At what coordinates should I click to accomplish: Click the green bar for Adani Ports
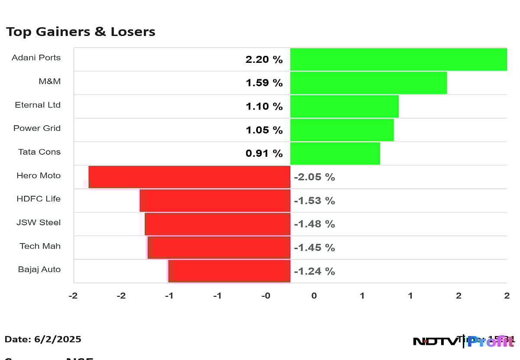pos(398,59)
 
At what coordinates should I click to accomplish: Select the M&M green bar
pos(368,83)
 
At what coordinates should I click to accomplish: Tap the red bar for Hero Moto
pos(189,177)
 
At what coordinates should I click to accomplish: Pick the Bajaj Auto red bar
pos(229,271)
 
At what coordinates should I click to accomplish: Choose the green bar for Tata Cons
pos(335,153)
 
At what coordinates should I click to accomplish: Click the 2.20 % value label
pos(264,59)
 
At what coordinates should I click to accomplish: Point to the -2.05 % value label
pos(315,177)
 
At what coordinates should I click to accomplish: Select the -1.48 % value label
pos(315,224)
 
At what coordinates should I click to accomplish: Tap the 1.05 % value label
pos(264,130)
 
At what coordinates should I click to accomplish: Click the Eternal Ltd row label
pos(38,105)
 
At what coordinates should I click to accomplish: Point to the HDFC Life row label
pos(39,199)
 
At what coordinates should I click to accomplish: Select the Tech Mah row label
pos(40,246)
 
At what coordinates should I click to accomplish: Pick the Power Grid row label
pos(37,128)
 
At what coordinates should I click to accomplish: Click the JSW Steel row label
pos(39,223)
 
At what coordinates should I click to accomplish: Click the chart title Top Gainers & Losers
pos(81,32)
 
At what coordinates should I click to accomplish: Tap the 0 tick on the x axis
pos(314,296)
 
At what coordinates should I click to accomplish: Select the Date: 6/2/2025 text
pos(43,339)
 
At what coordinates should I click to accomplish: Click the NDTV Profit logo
pos(464,341)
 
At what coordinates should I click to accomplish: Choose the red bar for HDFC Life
pos(215,201)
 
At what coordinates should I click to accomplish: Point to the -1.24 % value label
pos(315,271)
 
